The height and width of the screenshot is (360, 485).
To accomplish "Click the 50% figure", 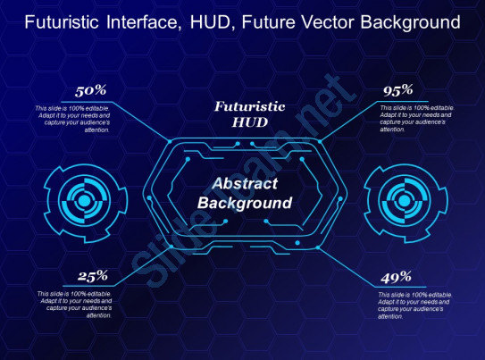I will tap(91, 90).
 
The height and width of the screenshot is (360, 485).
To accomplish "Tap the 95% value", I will tap(397, 89).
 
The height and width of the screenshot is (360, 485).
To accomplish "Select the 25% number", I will tap(92, 276).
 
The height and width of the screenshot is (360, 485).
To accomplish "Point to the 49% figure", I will tap(396, 276).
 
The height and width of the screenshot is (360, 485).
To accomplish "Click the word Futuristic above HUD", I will tap(249, 105).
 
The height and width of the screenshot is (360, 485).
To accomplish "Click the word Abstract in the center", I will tap(245, 184).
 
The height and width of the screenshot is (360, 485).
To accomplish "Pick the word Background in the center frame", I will tap(245, 203).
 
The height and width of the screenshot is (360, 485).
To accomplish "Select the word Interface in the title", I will tap(142, 21).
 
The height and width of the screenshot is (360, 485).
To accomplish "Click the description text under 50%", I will tap(72, 118).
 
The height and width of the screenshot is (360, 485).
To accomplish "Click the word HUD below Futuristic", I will tap(249, 121).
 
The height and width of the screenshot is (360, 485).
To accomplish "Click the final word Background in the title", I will tap(407, 21).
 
